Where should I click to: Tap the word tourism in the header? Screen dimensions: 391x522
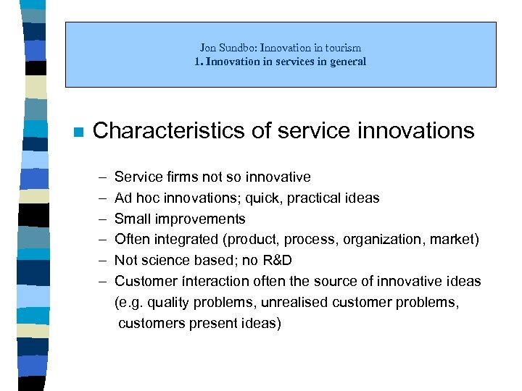(x=344, y=48)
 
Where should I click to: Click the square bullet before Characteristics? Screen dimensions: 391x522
(x=79, y=133)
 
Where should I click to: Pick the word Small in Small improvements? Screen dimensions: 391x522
(x=132, y=219)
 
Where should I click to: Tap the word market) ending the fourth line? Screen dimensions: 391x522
(x=454, y=240)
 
